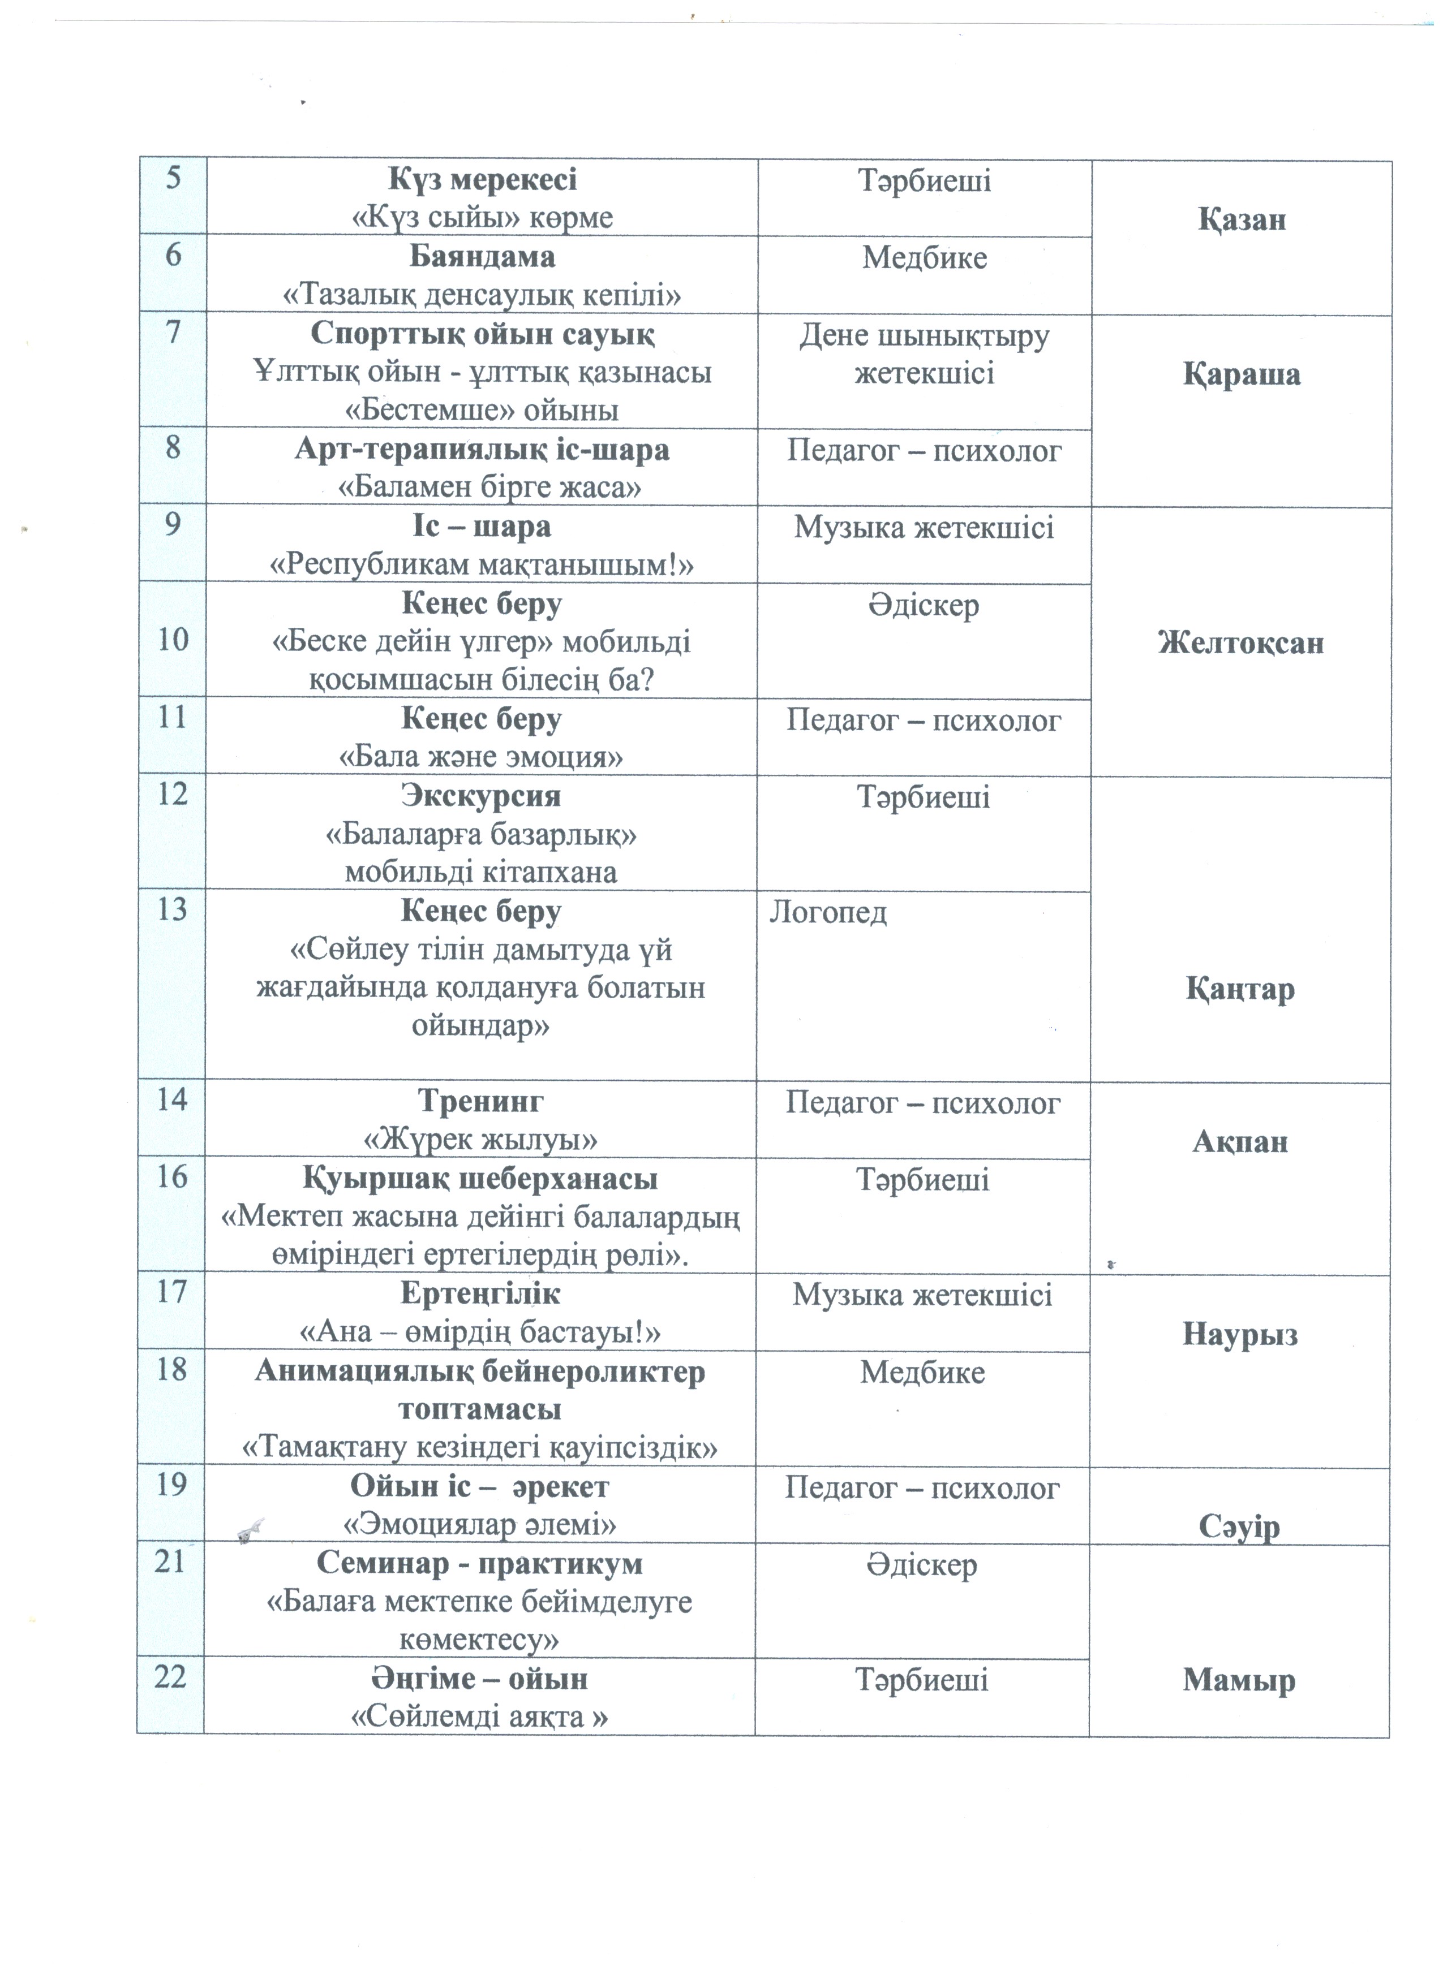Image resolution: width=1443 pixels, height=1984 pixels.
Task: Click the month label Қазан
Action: [x=1241, y=219]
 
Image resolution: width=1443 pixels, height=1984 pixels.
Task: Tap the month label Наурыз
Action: [x=1239, y=1334]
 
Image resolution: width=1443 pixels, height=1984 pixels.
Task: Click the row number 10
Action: [x=173, y=640]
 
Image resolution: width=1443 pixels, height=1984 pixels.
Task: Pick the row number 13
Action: [x=173, y=910]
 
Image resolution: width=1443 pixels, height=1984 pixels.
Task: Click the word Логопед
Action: [x=828, y=912]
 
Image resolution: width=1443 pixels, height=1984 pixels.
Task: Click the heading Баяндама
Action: [x=482, y=257]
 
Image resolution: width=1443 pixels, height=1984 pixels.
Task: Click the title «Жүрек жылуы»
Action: [x=480, y=1139]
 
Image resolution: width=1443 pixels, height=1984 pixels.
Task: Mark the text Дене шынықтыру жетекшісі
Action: [x=924, y=354]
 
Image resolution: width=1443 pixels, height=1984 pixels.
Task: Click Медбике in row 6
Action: [x=924, y=258]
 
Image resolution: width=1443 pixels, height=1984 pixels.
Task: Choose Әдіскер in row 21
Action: [x=922, y=1564]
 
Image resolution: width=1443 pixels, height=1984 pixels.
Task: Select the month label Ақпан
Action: [x=1240, y=1141]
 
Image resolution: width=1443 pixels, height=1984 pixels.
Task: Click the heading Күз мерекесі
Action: [x=482, y=180]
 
